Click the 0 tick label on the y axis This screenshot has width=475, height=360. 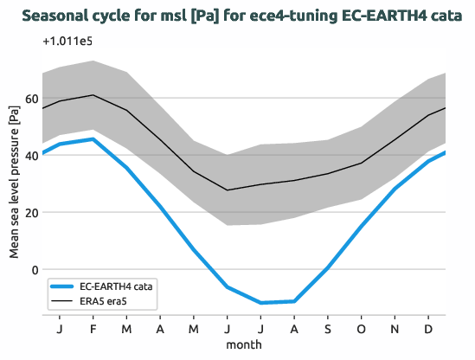tap(35, 269)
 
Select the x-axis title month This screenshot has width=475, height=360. tap(244, 344)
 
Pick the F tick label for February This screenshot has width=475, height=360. tap(93, 329)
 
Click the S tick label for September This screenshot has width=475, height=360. tap(329, 329)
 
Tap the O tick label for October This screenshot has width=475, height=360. tap(363, 329)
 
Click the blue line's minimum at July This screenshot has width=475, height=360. tap(261, 303)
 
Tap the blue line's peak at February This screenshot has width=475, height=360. tap(93, 139)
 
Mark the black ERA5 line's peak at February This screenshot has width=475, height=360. tap(93, 95)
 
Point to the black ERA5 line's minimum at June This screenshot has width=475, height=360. tap(228, 190)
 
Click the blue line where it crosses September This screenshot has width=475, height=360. tap(329, 267)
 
